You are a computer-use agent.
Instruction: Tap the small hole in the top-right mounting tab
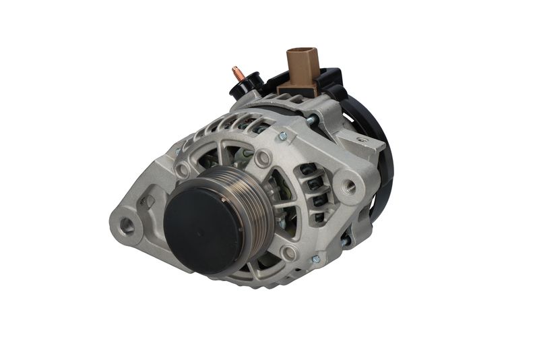(362, 140)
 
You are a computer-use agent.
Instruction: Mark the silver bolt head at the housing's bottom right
(315, 260)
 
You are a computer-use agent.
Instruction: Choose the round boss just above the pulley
(263, 158)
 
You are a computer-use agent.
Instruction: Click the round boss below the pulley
(290, 253)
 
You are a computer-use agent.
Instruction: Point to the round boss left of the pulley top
(183, 169)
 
